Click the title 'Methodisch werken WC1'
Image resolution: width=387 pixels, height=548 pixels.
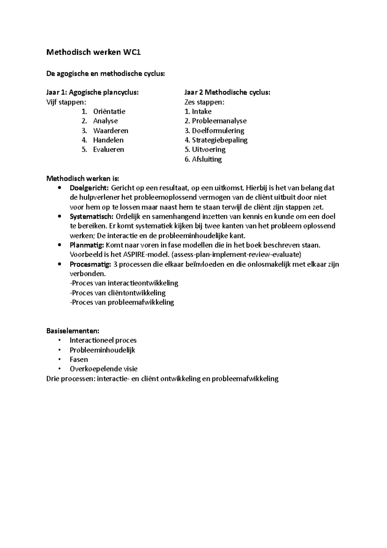94,52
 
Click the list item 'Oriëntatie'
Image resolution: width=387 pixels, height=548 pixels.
109,112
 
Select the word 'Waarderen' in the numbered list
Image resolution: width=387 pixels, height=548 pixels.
111,131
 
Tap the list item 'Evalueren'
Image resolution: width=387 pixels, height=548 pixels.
108,149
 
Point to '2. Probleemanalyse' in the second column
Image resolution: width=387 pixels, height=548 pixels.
215,121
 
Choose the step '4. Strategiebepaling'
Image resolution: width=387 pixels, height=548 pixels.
216,140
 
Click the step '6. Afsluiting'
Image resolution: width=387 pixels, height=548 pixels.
203,159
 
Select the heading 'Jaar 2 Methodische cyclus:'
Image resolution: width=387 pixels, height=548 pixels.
227,93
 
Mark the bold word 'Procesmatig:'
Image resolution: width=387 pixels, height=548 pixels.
90,264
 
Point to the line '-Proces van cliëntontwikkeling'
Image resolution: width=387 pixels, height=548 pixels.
118,293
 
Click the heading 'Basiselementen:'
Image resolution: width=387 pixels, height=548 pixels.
73,331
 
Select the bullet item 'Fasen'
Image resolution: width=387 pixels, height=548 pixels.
79,359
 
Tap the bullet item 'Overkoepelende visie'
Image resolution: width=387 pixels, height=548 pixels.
104,369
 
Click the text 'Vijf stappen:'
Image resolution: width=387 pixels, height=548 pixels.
66,102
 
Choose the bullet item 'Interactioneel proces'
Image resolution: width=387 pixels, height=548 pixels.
103,340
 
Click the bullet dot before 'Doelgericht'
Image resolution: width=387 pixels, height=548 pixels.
59,188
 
